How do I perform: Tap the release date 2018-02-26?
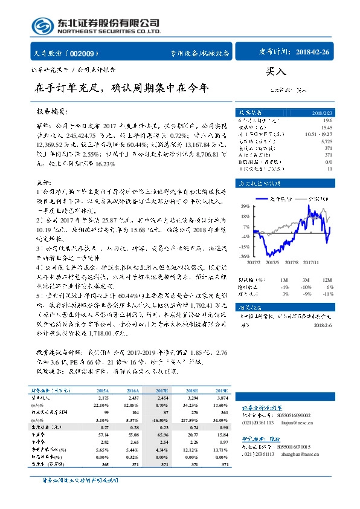323,53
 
